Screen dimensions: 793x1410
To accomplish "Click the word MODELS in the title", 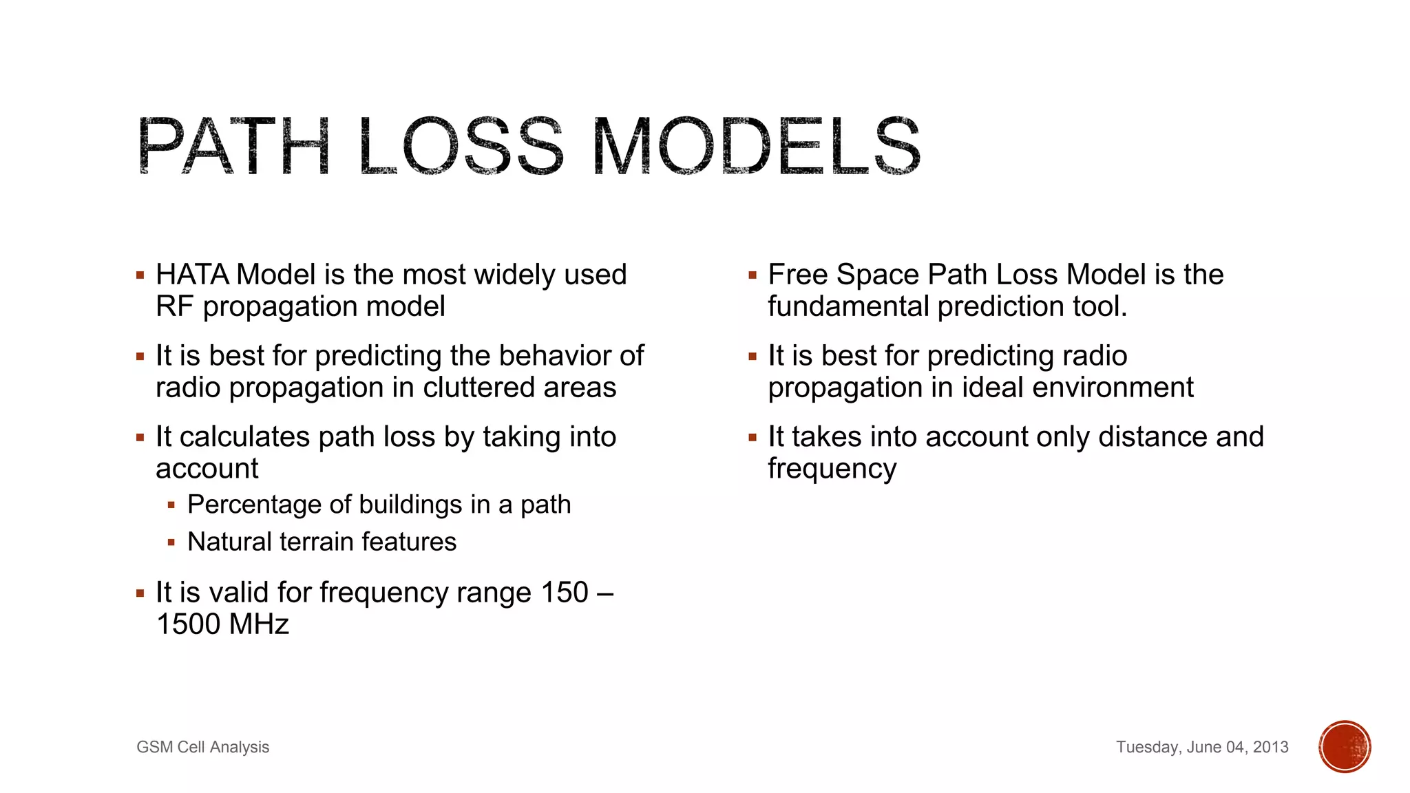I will point(755,147).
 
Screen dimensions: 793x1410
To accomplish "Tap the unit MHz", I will point(259,624).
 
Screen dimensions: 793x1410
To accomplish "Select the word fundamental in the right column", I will point(848,307).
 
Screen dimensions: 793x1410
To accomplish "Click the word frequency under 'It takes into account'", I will point(832,469).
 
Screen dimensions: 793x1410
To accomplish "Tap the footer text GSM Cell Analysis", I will point(202,747).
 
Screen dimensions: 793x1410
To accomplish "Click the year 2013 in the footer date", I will point(1270,747).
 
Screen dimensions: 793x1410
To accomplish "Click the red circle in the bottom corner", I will point(1345,747).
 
